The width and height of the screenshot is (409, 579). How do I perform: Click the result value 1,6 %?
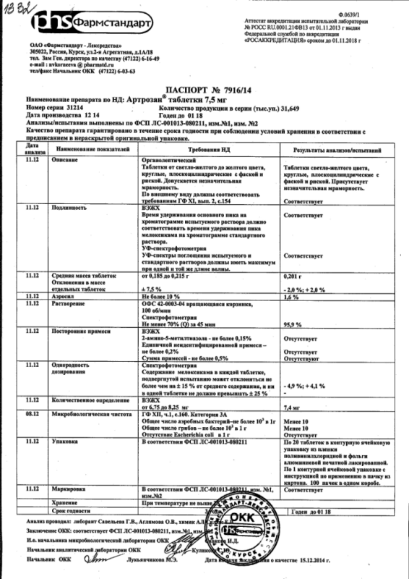click(292, 297)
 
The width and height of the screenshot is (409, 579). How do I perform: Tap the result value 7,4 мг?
click(293, 408)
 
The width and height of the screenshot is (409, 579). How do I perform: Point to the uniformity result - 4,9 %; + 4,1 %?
click(307, 386)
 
